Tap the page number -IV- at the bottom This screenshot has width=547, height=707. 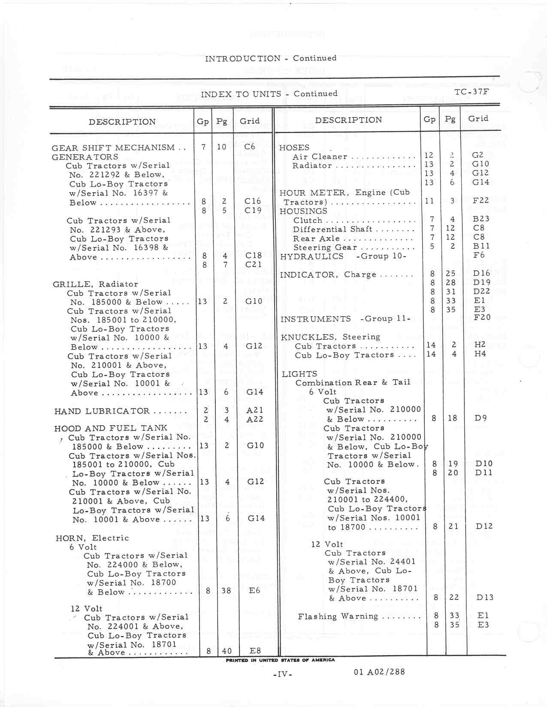(282, 674)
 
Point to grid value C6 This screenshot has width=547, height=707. (250, 147)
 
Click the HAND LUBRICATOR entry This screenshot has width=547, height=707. (102, 411)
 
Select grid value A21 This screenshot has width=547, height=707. (255, 410)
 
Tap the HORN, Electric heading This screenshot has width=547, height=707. (92, 538)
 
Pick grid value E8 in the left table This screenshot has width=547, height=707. (255, 651)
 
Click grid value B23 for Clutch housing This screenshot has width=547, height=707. (481, 219)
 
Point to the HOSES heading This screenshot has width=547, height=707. (294, 148)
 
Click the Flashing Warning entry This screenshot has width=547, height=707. (338, 616)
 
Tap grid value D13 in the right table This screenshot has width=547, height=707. (484, 597)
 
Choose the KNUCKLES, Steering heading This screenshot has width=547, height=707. (330, 337)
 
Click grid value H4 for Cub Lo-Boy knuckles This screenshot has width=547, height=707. (480, 354)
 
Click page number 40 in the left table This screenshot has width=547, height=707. (226, 651)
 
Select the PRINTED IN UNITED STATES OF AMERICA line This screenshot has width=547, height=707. (280, 660)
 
